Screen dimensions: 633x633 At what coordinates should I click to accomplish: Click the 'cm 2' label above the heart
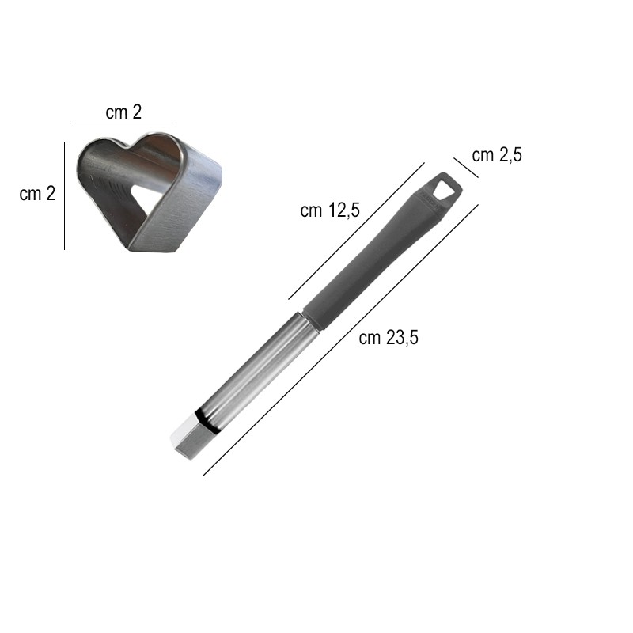(x=123, y=112)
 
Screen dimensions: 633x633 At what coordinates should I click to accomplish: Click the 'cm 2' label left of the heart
(x=37, y=194)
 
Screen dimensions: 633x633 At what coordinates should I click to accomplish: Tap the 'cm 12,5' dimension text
(x=330, y=210)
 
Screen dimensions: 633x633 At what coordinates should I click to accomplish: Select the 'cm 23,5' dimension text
(x=389, y=338)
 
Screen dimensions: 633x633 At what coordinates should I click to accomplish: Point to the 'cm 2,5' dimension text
(x=497, y=155)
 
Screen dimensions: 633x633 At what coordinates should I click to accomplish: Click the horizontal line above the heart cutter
(x=123, y=123)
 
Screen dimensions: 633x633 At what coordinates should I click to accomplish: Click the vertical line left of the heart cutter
(x=65, y=195)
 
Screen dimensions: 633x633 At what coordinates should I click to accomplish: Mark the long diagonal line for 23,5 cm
(x=341, y=340)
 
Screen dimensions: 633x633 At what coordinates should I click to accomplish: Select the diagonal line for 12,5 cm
(x=357, y=231)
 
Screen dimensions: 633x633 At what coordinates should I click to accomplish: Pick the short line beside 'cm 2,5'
(x=466, y=168)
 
